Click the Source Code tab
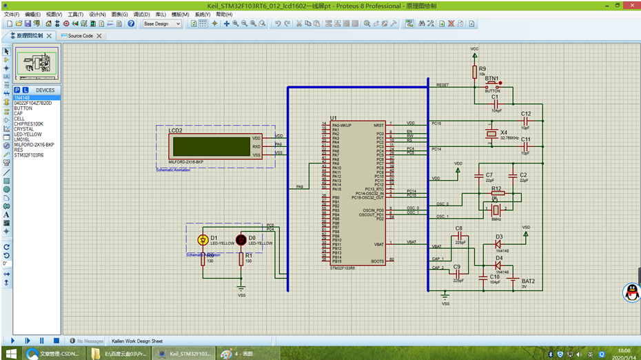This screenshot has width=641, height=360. pyautogui.click(x=81, y=36)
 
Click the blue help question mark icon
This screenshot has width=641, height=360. pyautogui.click(x=131, y=23)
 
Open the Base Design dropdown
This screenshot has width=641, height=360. pyautogui.click(x=162, y=23)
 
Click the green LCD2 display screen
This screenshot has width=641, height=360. pyautogui.click(x=212, y=146)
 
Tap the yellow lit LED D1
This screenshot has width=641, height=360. pyautogui.click(x=203, y=240)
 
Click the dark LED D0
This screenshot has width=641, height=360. pyautogui.click(x=241, y=240)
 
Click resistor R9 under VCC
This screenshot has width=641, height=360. pyautogui.click(x=474, y=72)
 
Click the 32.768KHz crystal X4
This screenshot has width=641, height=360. pyautogui.click(x=491, y=134)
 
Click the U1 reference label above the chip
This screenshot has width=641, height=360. pyautogui.click(x=334, y=118)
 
